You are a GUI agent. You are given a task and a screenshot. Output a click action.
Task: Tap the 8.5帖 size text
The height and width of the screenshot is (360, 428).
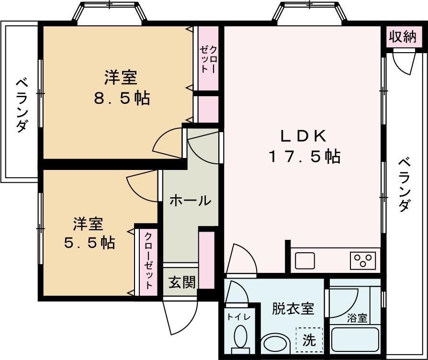[122, 98]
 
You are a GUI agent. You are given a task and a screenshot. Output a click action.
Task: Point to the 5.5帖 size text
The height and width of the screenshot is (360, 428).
[90, 243]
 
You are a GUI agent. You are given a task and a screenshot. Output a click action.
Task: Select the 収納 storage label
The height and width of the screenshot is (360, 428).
[403, 37]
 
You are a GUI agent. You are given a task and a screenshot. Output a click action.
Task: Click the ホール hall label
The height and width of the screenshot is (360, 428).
[190, 201]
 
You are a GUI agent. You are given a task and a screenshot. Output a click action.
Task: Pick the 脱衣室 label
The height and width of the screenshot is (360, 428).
[293, 309]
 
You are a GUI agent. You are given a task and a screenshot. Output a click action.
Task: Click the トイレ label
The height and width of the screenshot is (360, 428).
[237, 316]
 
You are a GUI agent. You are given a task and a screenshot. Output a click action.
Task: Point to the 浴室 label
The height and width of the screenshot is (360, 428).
[357, 318]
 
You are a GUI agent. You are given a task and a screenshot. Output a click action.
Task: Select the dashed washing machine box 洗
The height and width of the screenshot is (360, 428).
[309, 341]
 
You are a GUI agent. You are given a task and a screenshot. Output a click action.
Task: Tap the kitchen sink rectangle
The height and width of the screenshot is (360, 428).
[305, 261]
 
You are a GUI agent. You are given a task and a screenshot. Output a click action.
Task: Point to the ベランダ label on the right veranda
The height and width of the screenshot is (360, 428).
[405, 184]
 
